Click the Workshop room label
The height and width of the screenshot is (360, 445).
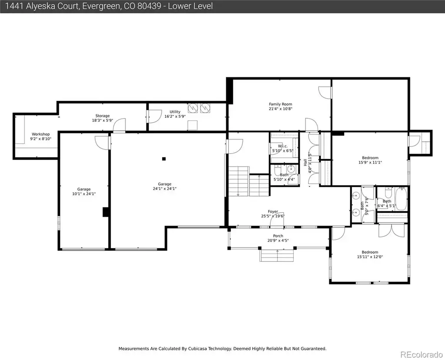[x=40, y=136]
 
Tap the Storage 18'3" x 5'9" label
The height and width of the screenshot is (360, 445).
[x=103, y=118]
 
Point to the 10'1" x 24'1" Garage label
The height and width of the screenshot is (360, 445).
[x=84, y=191]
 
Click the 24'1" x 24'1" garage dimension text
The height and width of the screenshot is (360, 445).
[x=165, y=189]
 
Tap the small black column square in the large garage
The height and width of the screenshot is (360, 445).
[x=164, y=159]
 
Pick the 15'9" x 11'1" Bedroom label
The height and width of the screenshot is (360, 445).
[x=370, y=160]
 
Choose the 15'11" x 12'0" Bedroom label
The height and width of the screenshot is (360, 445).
[x=370, y=254]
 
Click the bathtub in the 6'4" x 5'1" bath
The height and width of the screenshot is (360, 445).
[x=401, y=199]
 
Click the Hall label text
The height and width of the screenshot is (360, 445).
[x=305, y=163]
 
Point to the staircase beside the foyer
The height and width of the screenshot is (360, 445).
[x=249, y=181]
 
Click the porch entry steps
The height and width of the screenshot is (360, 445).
[x=277, y=256]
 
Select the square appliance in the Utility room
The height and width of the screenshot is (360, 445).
[x=193, y=125]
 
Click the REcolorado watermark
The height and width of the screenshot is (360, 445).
[x=421, y=354]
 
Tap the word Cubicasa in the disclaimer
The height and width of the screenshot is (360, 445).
[x=198, y=348]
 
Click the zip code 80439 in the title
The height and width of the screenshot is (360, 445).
[x=149, y=6]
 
